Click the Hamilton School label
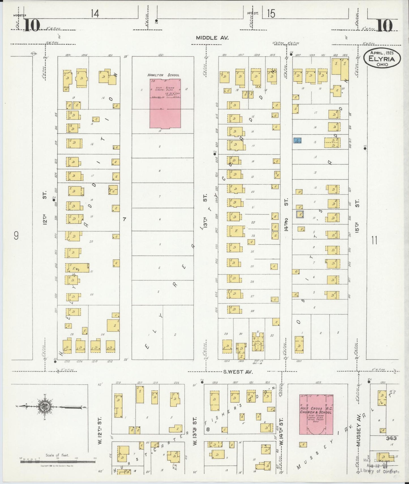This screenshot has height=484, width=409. [163, 75]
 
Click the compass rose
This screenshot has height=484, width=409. [45, 407]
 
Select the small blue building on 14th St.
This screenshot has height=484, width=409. [297, 140]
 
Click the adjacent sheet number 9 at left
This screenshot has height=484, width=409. [16, 235]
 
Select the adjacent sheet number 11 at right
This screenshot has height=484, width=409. [374, 241]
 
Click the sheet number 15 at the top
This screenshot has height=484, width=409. [271, 13]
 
